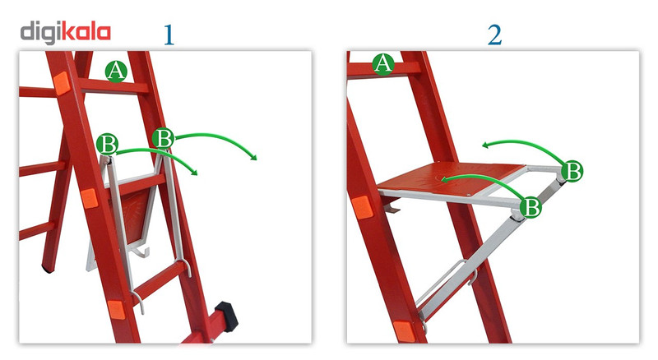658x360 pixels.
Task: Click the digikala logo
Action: coord(66,33)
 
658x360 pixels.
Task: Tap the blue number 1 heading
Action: coord(169,35)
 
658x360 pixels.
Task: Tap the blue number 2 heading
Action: coord(495,35)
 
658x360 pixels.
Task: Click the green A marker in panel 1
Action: coord(116,71)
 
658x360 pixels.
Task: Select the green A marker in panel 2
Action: coord(383,64)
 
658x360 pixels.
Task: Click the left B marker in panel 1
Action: coord(107,145)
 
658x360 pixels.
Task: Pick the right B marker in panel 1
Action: coord(163,137)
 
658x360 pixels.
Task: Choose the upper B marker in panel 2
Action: coord(572,171)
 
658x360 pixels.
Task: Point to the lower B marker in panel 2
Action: coord(531,207)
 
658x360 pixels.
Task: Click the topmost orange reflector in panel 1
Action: coord(62,83)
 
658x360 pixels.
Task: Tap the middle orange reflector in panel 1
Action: coord(90,198)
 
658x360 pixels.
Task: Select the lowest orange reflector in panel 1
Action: coord(116,310)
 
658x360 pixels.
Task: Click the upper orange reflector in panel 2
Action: coord(362,207)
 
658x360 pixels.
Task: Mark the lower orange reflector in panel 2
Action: coord(405,332)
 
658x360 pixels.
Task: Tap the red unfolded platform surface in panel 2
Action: coord(451,178)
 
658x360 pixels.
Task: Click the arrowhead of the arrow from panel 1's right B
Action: coord(253,157)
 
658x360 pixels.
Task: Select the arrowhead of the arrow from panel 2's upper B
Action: coord(486,145)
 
